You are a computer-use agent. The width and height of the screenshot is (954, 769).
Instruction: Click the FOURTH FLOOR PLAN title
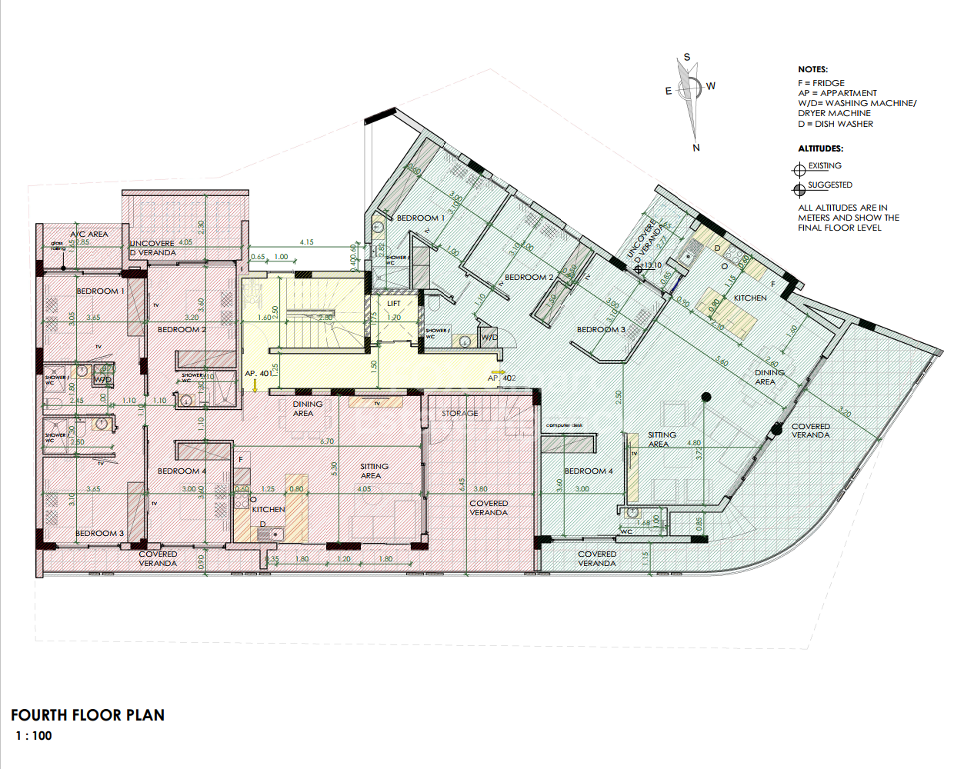[x=88, y=715]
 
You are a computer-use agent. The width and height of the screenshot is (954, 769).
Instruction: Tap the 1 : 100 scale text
[x=34, y=736]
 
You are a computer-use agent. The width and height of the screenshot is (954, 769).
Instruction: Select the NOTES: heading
[x=812, y=69]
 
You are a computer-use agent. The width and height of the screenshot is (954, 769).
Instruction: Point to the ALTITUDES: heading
[x=820, y=148]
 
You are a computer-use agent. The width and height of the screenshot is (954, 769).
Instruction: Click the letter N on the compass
[x=696, y=148]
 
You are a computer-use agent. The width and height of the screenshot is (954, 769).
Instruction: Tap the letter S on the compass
[x=687, y=58]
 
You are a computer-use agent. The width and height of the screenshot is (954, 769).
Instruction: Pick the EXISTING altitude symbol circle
[x=799, y=169]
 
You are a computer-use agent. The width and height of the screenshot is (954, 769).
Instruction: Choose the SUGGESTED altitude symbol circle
[x=799, y=188]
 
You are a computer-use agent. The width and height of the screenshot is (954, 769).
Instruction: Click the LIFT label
[x=394, y=304]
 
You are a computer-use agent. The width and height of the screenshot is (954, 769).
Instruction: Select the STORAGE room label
[x=459, y=414]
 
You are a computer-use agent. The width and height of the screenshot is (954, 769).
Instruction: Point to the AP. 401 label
[x=259, y=374]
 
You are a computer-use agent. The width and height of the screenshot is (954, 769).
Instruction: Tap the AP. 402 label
[x=502, y=378]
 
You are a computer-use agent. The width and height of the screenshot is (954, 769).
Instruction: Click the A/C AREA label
[x=89, y=234]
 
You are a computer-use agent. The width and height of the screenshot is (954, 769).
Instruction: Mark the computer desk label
[x=565, y=425]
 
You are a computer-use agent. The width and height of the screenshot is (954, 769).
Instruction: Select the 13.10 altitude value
[x=653, y=265]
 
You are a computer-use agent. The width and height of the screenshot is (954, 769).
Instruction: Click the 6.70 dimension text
[x=327, y=441]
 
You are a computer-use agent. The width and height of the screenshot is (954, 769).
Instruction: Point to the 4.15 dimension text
[x=307, y=242]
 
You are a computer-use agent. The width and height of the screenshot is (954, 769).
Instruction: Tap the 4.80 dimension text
[x=694, y=443]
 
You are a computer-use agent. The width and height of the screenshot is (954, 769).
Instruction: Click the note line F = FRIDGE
[x=821, y=83]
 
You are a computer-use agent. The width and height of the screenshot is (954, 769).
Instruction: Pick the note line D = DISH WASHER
[x=836, y=124]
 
